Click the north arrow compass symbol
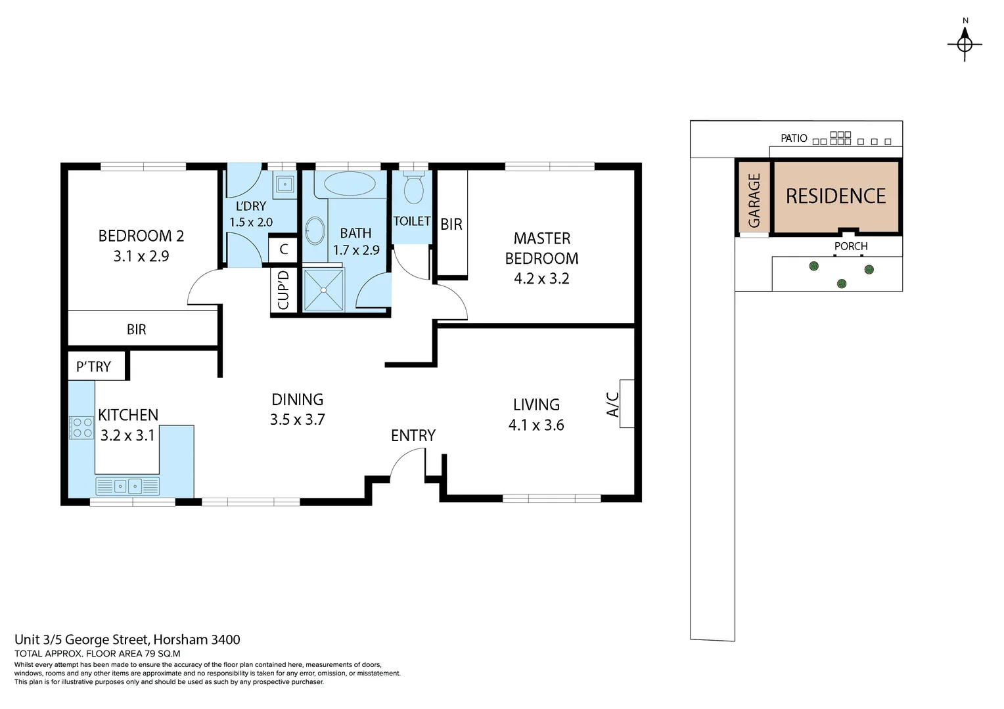click(x=965, y=44)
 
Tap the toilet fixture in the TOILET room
click(x=413, y=188)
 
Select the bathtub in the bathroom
click(x=350, y=184)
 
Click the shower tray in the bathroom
click(x=323, y=290)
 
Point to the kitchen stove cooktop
click(x=82, y=427)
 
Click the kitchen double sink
click(x=127, y=486)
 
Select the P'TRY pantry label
click(x=93, y=367)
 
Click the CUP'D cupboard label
click(x=283, y=290)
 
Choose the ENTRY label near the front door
click(x=413, y=436)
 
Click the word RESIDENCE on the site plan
click(x=836, y=196)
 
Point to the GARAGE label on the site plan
click(x=754, y=200)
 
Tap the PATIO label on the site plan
click(x=794, y=139)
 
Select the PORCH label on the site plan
click(x=851, y=246)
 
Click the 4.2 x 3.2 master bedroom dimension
click(x=541, y=278)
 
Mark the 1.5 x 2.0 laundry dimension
click(x=251, y=223)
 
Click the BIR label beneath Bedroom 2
click(x=137, y=330)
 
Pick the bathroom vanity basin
click(x=315, y=230)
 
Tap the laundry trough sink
click(x=285, y=183)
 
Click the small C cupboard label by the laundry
click(x=284, y=249)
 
